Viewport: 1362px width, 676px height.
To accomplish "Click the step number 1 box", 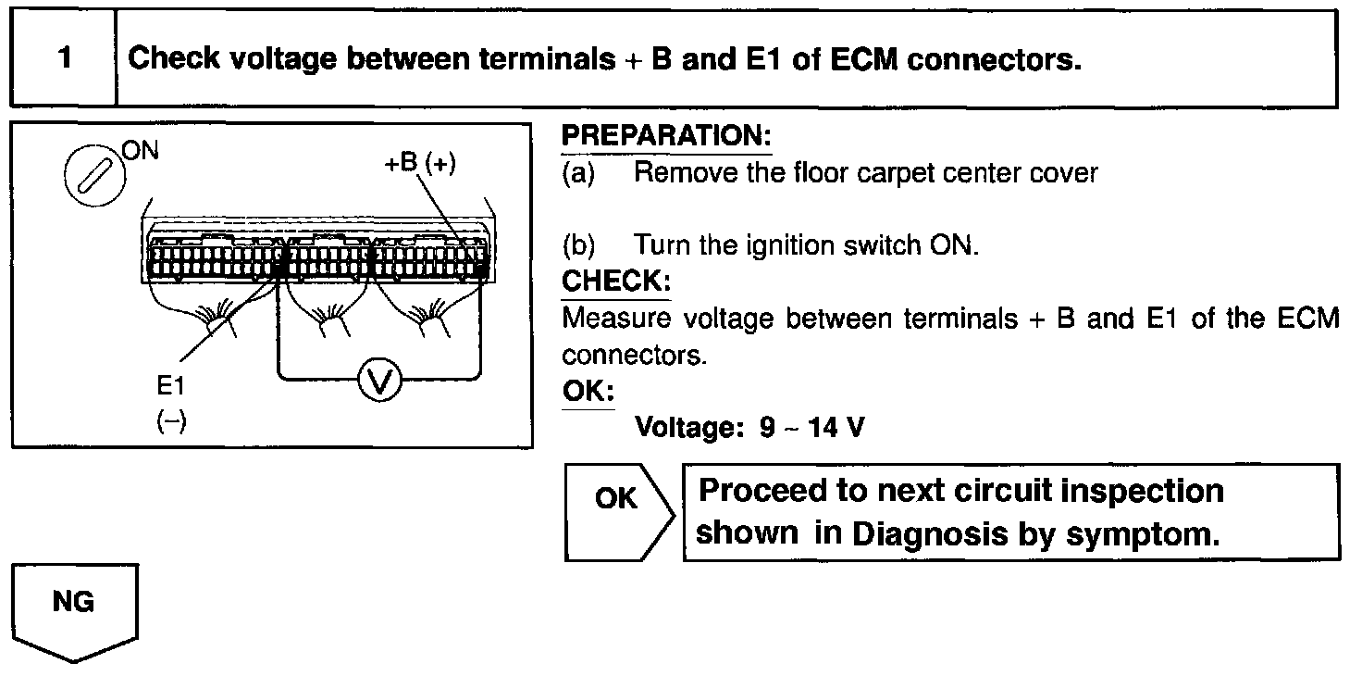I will (63, 59).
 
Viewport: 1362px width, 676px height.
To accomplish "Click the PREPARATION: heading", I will (666, 136).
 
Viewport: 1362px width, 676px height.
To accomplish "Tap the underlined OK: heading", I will (588, 391).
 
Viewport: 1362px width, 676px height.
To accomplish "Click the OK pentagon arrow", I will (617, 512).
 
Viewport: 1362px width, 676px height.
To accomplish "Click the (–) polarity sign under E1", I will (171, 421).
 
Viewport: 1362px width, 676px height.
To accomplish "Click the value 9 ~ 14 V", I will (812, 428).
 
